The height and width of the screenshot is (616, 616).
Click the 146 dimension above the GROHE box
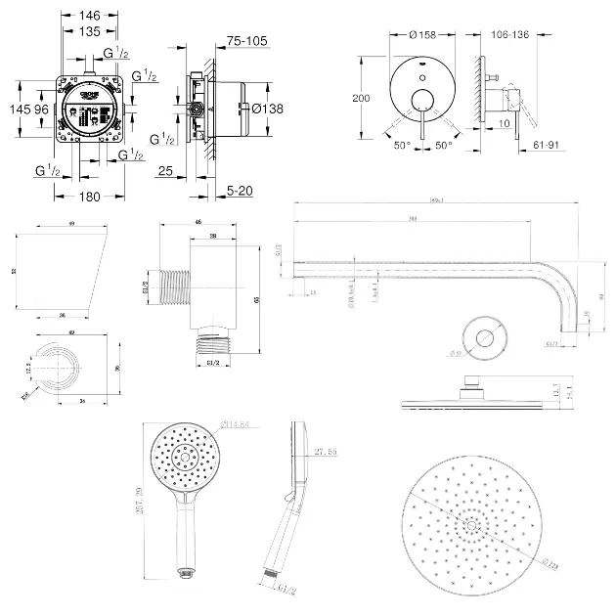89,17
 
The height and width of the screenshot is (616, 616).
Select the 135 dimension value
89,30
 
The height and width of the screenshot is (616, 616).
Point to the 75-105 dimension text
245,41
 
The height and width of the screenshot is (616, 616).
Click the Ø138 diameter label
267,110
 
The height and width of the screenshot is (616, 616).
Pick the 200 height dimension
363,98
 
